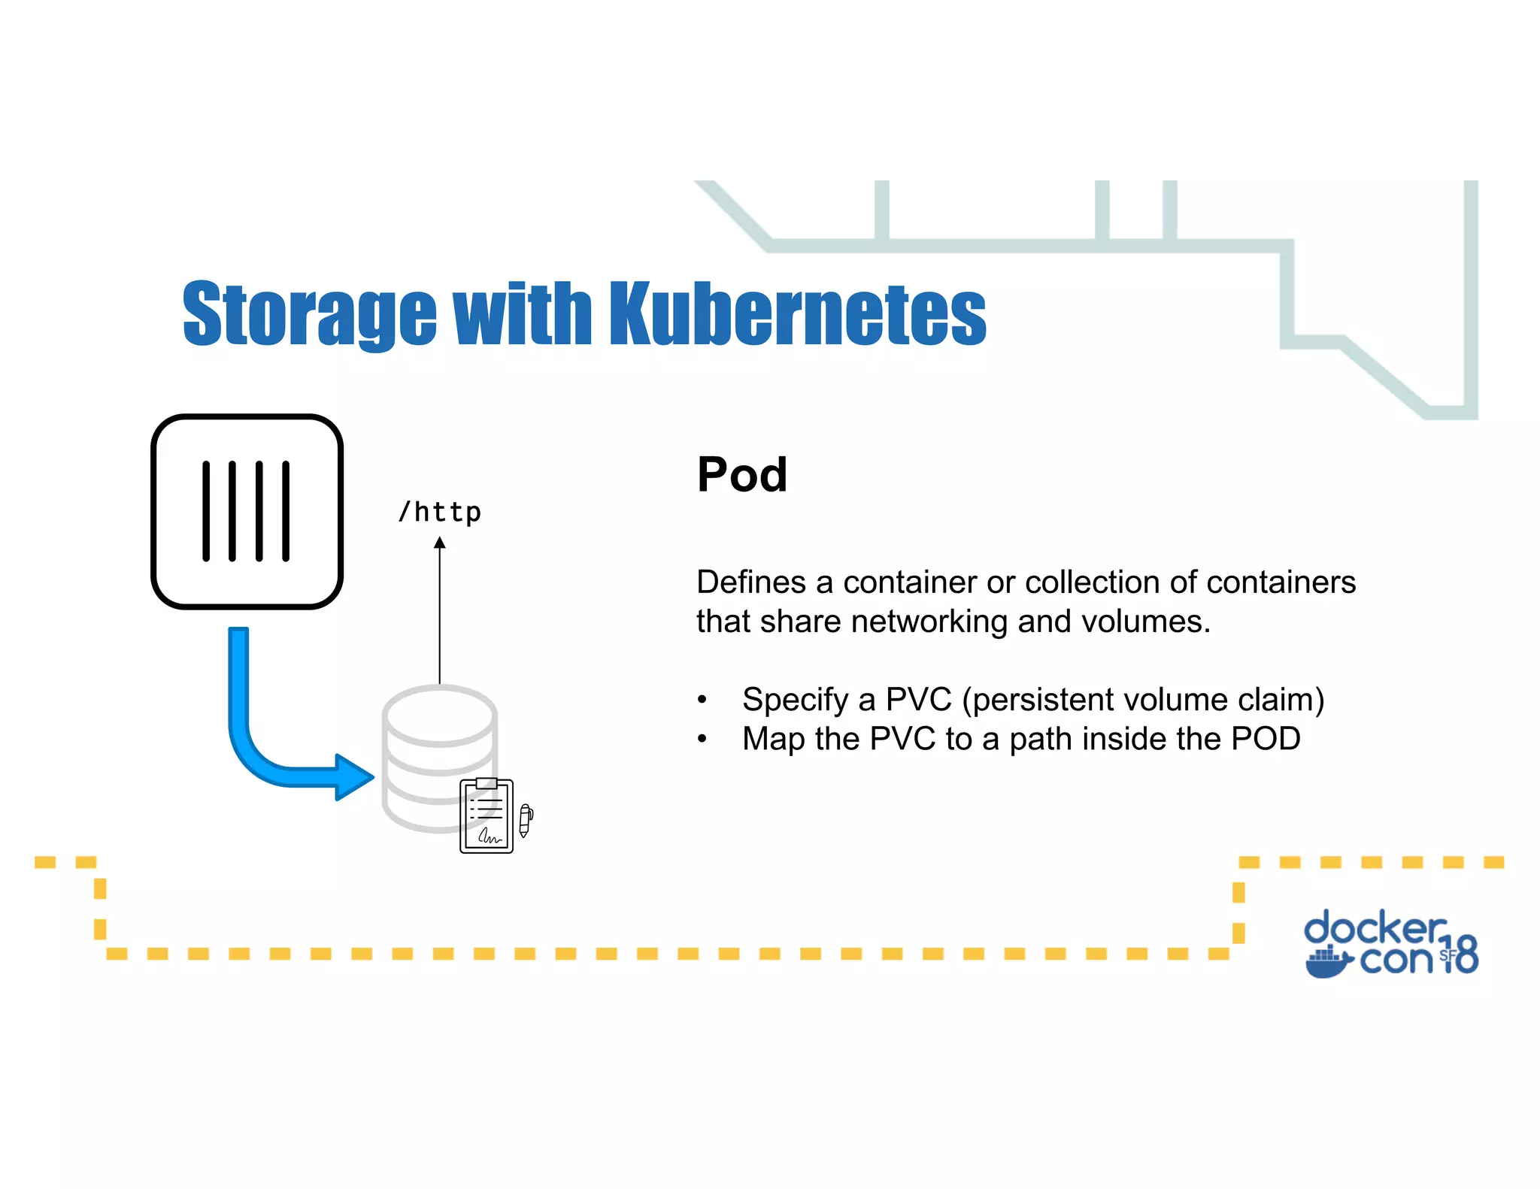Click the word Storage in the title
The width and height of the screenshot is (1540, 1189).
point(309,314)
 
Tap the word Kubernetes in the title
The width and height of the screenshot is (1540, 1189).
point(797,314)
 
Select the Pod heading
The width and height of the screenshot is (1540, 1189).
point(741,475)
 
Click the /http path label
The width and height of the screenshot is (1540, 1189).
point(440,513)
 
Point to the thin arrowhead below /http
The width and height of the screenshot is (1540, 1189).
point(440,543)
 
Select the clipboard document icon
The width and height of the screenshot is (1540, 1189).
point(487,816)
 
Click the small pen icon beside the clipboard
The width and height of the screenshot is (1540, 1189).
point(526,820)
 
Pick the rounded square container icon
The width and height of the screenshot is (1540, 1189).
point(247,511)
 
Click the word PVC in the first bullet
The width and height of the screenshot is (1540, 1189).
point(918,700)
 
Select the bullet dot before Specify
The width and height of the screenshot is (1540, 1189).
point(702,700)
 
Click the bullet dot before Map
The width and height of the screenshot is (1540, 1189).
point(702,740)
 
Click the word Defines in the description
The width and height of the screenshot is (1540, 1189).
point(750,582)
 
